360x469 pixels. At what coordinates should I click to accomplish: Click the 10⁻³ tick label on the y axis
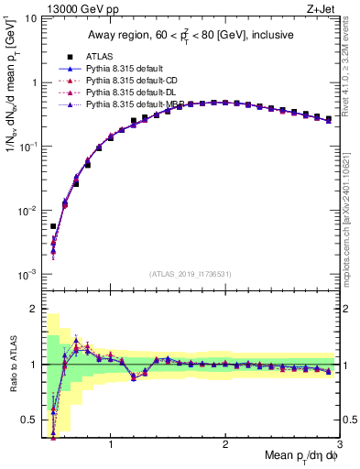(31, 275)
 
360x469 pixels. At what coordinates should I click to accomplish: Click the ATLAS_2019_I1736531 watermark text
(191, 273)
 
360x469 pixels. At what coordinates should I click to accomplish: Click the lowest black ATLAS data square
(53, 226)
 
